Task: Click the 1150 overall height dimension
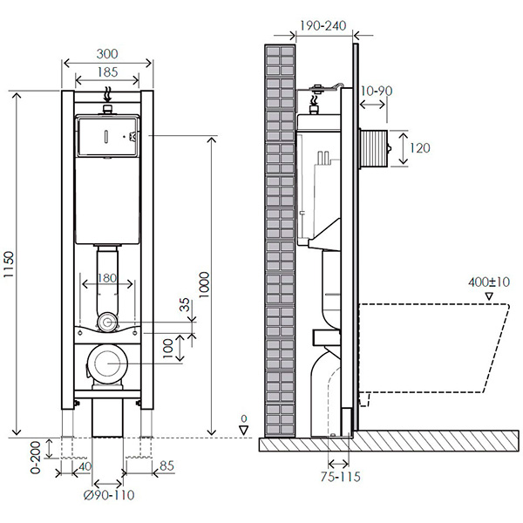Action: (x=8, y=264)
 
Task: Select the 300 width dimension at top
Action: (x=107, y=54)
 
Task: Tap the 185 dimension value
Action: (x=107, y=72)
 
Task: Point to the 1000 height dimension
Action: (x=203, y=284)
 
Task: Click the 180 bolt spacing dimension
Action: (x=107, y=278)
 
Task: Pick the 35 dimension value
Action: (x=185, y=304)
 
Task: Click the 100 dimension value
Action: (x=167, y=348)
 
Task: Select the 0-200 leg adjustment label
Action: (x=36, y=458)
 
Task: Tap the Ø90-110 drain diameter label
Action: (x=109, y=495)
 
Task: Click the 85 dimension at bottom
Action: (x=166, y=465)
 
